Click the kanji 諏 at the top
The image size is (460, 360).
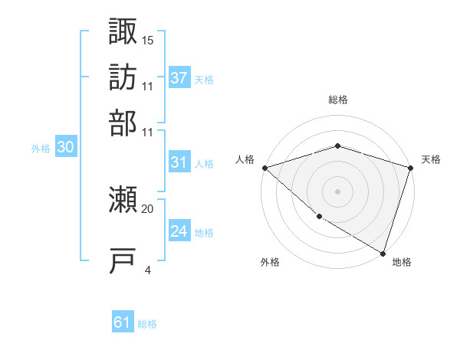123,31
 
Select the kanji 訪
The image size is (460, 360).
123,77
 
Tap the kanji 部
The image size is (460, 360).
123,122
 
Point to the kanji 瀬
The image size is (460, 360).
123,200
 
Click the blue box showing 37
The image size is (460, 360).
179,78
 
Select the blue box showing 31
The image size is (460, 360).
179,162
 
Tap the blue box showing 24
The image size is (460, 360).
179,231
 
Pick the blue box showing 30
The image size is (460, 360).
66,149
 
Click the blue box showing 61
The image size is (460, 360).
123,323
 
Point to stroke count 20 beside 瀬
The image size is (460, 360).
147,208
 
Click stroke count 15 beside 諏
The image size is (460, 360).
147,40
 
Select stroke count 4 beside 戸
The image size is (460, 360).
147,270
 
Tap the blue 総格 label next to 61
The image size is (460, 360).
147,324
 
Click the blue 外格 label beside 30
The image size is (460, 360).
41,149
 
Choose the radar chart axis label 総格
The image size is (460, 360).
337,100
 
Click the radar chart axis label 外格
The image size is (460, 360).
270,263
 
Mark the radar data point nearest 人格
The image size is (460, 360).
264,168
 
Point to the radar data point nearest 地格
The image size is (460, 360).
383,253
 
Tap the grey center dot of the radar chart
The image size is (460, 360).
337,191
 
